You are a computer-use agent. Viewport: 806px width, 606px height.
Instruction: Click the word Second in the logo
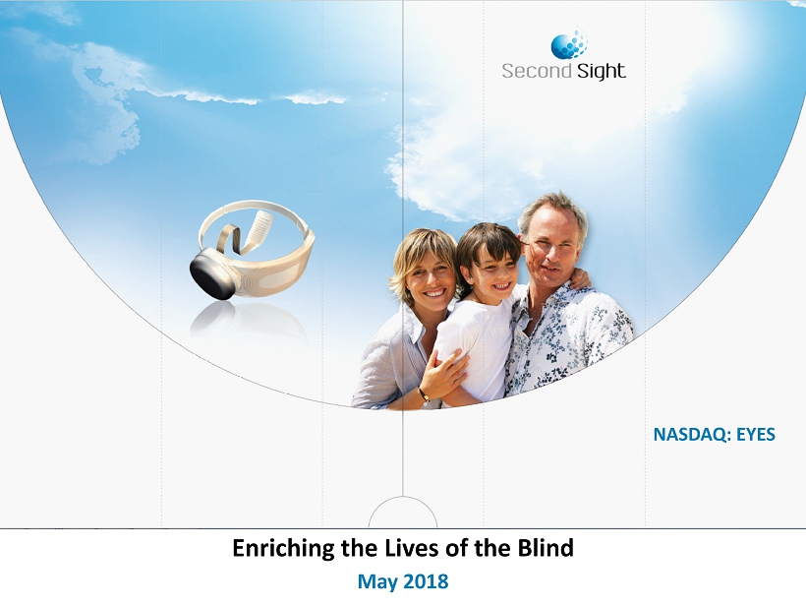click(537, 71)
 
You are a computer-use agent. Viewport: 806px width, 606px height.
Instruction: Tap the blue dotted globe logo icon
click(569, 44)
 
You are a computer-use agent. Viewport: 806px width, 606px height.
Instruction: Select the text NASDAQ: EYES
click(714, 435)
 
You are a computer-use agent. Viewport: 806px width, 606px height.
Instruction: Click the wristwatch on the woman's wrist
click(424, 395)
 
